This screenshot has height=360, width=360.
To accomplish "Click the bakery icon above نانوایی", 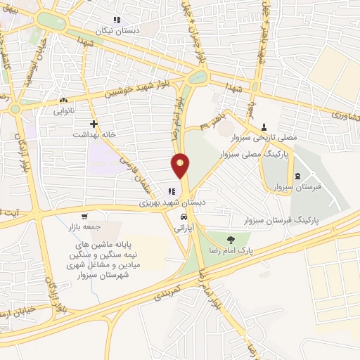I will pyautogui.click(x=63, y=101).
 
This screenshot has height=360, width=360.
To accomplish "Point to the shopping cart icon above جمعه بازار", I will pyautogui.click(x=84, y=216).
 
